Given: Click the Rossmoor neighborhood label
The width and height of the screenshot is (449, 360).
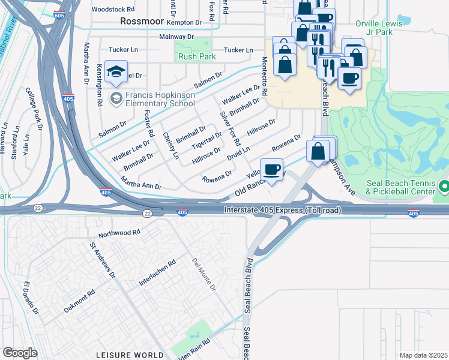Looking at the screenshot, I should tap(142, 21).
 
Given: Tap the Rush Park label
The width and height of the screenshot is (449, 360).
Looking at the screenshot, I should tap(193, 57).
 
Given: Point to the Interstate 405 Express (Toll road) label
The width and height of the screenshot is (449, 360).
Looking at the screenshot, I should tap(282, 211).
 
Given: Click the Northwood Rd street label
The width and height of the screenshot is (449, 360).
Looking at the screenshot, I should tap(119, 232).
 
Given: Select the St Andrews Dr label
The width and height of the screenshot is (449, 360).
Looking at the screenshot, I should tap(102, 260).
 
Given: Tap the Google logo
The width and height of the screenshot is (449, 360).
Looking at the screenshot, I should tap(20, 353).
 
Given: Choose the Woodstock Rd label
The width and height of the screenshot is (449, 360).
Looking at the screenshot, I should tap(113, 10).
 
